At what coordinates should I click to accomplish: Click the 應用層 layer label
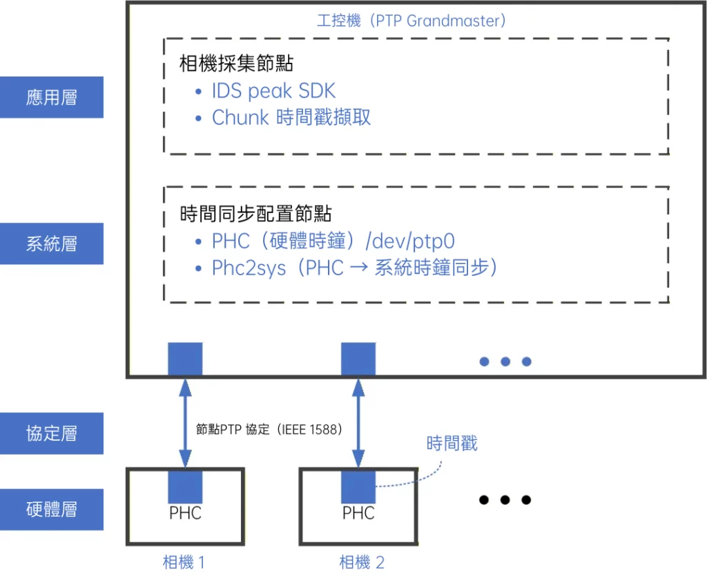click(x=52, y=97)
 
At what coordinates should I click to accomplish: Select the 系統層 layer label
click(x=52, y=243)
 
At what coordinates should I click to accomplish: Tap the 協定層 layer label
click(x=52, y=434)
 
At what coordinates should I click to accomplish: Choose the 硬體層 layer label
click(x=52, y=510)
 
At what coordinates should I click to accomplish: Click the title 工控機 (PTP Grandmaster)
click(x=411, y=20)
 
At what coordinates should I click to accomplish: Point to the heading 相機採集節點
click(x=236, y=64)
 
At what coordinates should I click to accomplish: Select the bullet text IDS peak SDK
click(x=273, y=91)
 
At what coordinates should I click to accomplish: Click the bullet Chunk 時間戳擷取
click(x=291, y=117)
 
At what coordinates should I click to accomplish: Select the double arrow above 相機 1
click(x=185, y=423)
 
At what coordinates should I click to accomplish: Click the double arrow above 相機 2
click(x=358, y=423)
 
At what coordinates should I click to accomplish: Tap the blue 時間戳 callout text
click(x=452, y=444)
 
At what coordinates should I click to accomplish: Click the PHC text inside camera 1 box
click(x=185, y=513)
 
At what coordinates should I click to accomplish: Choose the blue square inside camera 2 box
click(x=358, y=487)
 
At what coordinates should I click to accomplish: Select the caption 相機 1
click(x=184, y=562)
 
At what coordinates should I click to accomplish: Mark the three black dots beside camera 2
click(x=505, y=500)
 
